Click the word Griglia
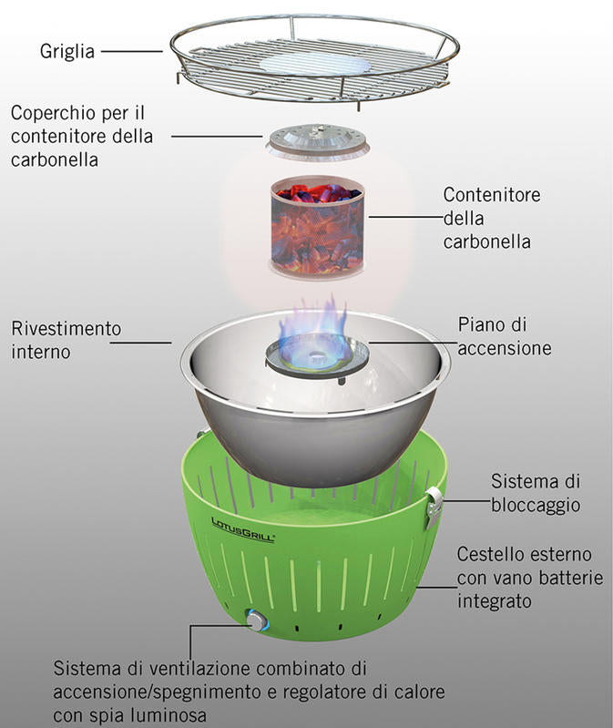point(66,52)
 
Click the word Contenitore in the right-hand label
point(492,195)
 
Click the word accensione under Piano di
point(506,349)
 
